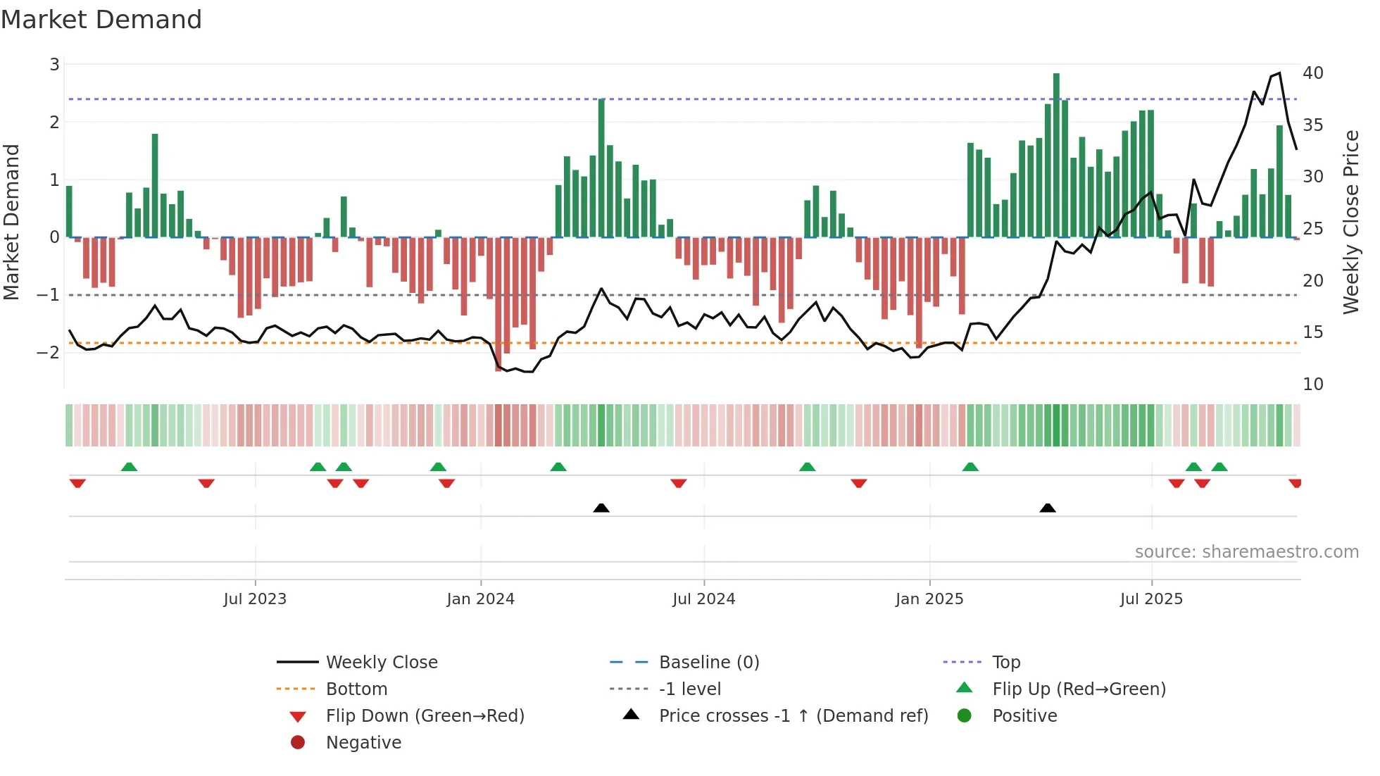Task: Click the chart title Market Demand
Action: (x=101, y=20)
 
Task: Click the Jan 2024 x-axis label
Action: (x=480, y=599)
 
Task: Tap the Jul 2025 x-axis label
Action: (x=1151, y=599)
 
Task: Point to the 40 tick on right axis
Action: (x=1312, y=73)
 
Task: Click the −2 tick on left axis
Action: (x=49, y=352)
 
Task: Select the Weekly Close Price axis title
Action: (x=1350, y=222)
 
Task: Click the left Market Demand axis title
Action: (x=11, y=222)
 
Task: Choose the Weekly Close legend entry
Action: (x=381, y=663)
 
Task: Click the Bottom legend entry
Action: (x=356, y=689)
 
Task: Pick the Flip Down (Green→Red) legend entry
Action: (x=425, y=716)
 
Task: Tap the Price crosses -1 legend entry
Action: (x=793, y=716)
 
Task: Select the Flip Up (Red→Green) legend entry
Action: (x=1079, y=689)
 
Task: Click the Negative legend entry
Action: (x=363, y=743)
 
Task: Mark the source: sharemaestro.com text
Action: (x=1246, y=552)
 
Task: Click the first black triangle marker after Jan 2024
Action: (x=601, y=508)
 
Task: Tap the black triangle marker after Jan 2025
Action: (x=1048, y=508)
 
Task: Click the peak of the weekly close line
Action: (x=1279, y=73)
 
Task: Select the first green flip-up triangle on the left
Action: (x=129, y=467)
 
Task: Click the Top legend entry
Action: (x=1006, y=663)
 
